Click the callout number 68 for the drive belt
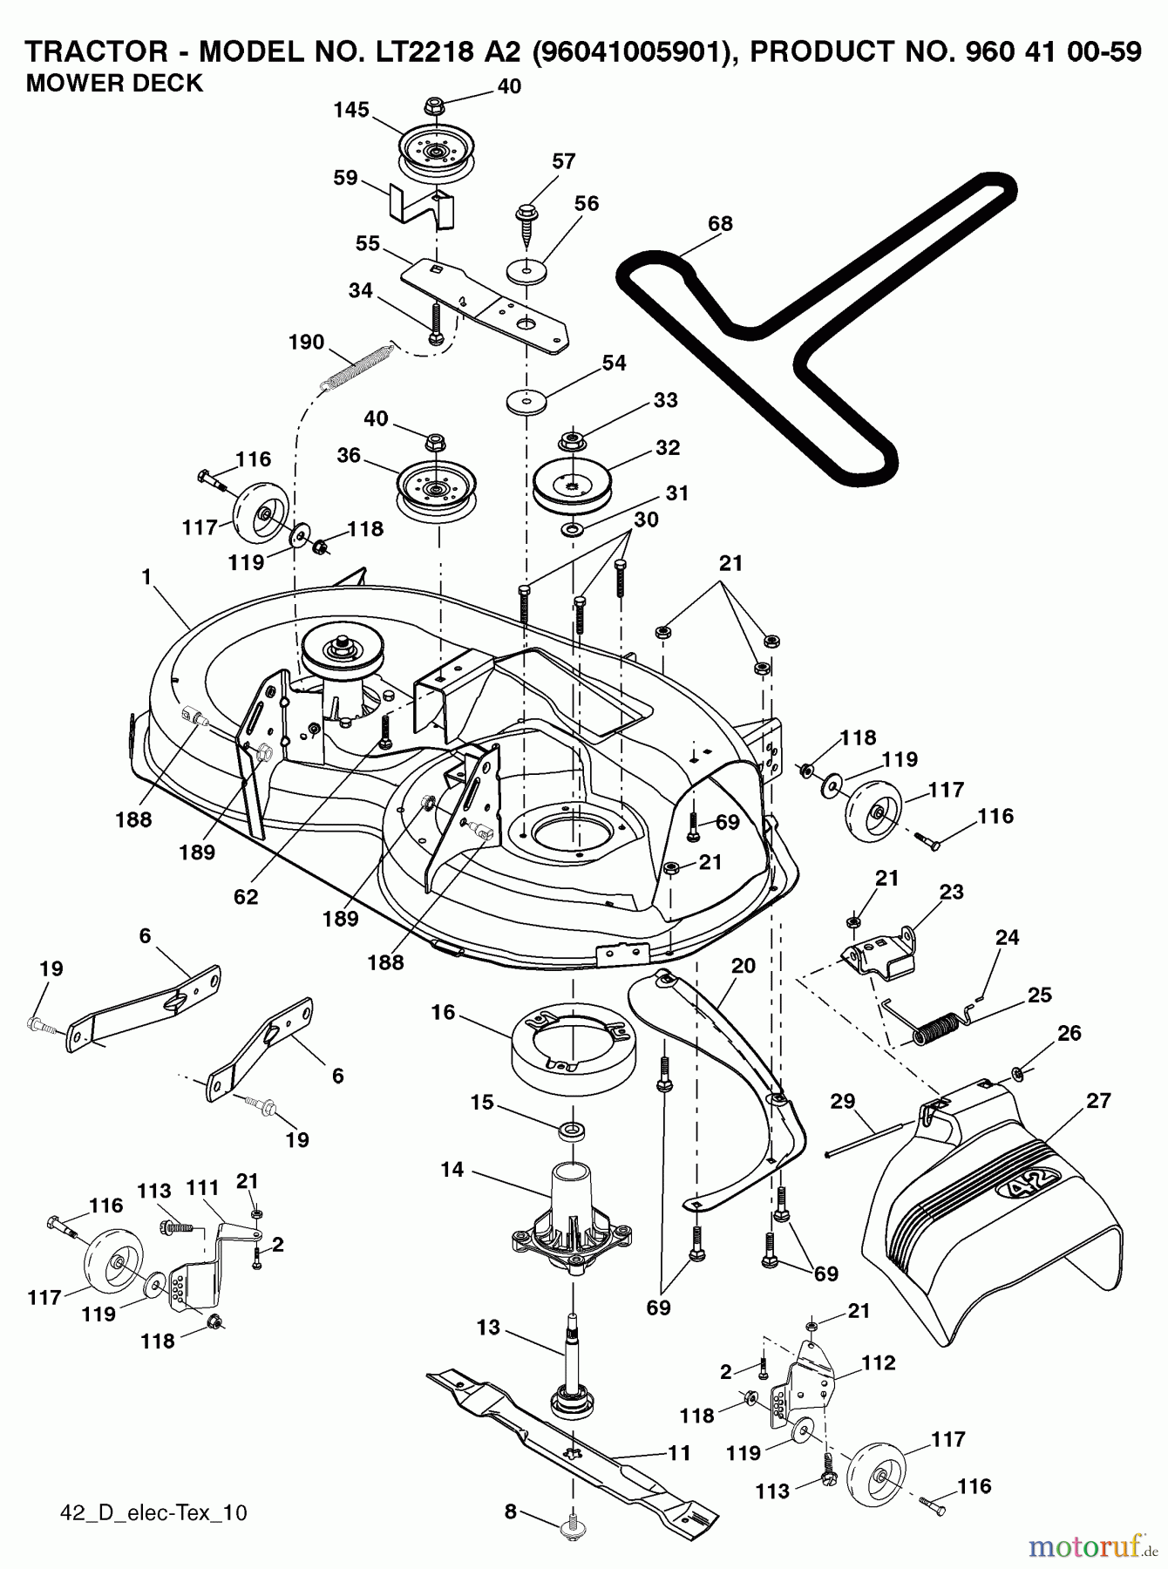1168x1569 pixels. point(720,223)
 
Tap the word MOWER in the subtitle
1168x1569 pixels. point(63,84)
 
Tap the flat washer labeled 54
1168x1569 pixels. point(526,403)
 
